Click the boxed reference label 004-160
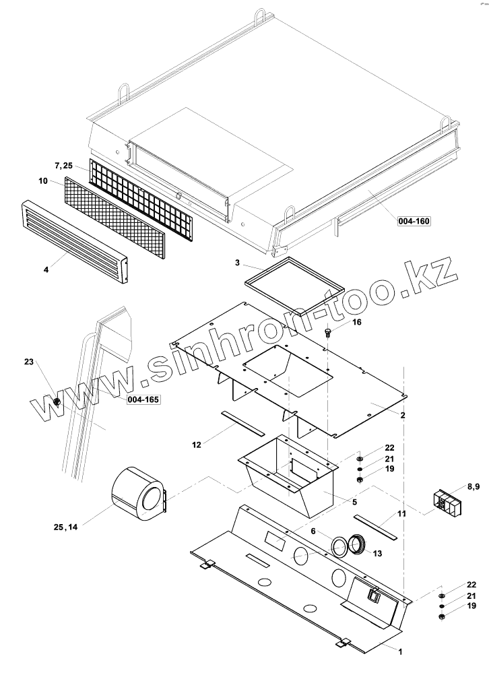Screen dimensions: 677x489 click(x=414, y=220)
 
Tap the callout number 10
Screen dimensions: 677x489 click(x=42, y=181)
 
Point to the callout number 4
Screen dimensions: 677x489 click(x=46, y=269)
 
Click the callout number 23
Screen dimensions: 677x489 click(x=29, y=362)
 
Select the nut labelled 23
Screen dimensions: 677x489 click(x=57, y=403)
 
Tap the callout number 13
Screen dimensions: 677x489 click(x=377, y=554)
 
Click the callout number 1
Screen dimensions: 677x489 click(x=400, y=651)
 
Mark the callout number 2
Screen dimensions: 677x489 click(x=402, y=416)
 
